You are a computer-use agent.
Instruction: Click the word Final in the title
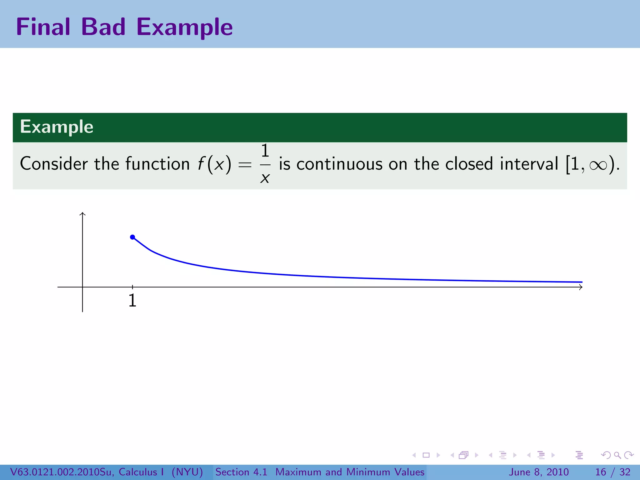pos(43,27)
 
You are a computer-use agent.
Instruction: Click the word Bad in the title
pos(103,27)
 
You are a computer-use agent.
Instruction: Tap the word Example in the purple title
pos(184,27)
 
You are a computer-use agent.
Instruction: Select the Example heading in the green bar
pos(57,127)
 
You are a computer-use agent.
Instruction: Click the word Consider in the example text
pos(54,164)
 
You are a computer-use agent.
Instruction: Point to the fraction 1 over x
pos(265,164)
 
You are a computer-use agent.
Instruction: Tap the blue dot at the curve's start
pos(132,237)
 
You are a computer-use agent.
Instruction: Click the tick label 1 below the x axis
pos(132,301)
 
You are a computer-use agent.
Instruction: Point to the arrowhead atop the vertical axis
pos(82,214)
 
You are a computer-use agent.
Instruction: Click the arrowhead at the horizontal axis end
pos(581,287)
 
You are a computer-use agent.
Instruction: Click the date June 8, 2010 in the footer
pos(539,472)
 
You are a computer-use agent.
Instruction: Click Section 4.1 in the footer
pos(241,472)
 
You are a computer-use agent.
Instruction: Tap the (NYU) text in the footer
pos(187,472)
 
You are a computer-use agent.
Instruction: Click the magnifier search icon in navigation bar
pos(617,455)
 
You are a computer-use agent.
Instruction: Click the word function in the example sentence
pos(157,164)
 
